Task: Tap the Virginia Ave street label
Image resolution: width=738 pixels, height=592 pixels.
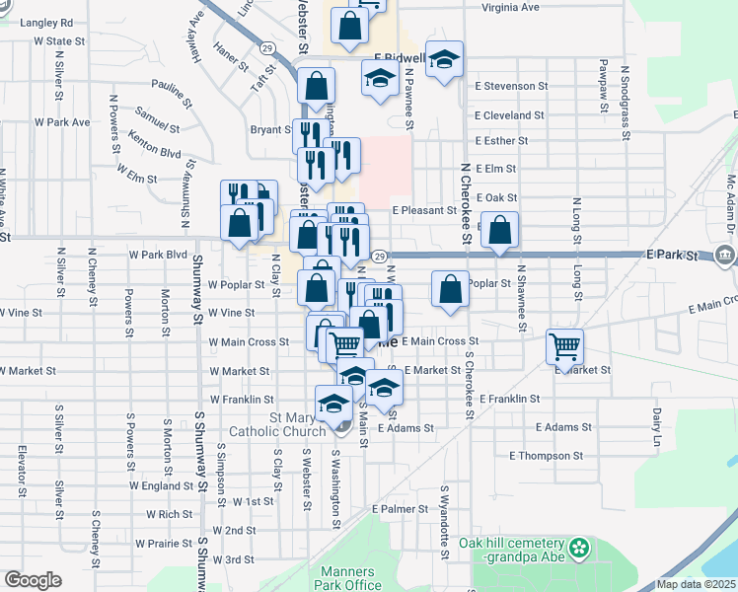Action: (x=510, y=7)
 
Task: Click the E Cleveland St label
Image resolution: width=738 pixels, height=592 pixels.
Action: (x=509, y=114)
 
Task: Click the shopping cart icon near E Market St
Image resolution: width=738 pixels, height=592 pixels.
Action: (x=564, y=346)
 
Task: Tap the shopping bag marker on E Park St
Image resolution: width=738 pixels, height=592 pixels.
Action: (x=501, y=231)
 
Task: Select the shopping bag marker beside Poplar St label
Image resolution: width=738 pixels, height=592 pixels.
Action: (x=450, y=290)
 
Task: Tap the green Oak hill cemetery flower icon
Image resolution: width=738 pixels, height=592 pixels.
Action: (x=581, y=546)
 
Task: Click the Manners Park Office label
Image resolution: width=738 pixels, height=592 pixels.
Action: (x=348, y=578)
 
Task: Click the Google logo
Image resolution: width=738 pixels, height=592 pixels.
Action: (x=33, y=580)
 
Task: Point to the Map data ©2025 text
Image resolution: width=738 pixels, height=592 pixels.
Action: (x=695, y=584)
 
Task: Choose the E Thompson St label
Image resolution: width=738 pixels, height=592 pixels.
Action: (x=546, y=456)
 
